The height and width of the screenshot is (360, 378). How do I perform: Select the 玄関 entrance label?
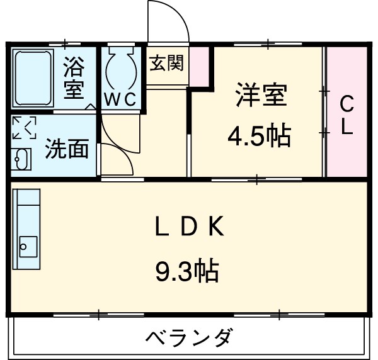pyautogui.click(x=167, y=63)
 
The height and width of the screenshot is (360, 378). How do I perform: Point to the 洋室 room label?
pyautogui.click(x=261, y=96)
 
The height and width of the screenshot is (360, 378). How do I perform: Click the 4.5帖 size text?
pyautogui.click(x=259, y=135)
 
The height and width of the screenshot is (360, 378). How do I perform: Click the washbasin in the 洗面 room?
pyautogui.click(x=21, y=159)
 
